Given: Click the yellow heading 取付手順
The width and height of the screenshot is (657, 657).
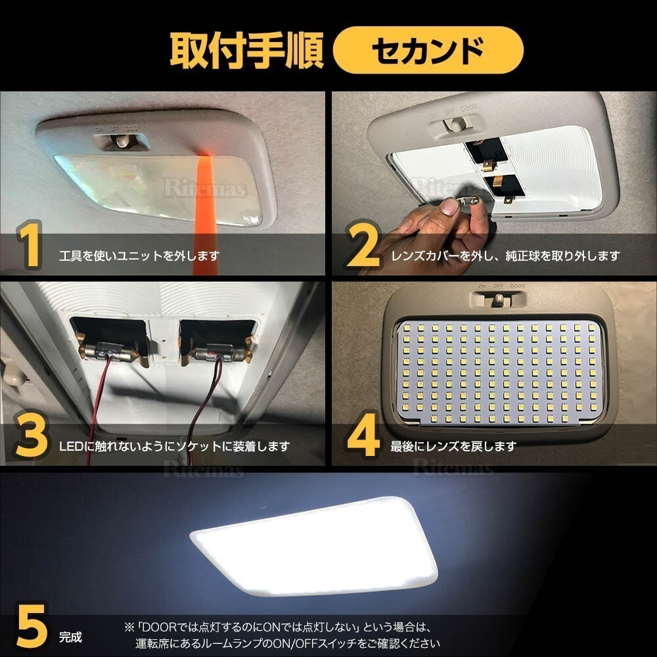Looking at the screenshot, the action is [246, 51].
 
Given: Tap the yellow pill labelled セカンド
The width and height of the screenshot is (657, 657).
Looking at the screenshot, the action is [428, 51].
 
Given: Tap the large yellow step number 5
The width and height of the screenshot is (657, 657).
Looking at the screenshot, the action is [32, 626].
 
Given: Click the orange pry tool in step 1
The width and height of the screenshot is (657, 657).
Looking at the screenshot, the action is [205, 214].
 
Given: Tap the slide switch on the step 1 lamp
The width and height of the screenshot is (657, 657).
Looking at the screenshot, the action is [122, 141].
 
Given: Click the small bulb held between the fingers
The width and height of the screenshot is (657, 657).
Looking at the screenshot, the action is [468, 203].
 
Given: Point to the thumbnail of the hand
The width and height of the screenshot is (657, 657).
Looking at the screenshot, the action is [449, 206].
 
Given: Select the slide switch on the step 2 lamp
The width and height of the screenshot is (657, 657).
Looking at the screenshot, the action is [457, 124].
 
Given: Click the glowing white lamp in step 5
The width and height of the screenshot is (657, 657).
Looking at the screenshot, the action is [314, 547].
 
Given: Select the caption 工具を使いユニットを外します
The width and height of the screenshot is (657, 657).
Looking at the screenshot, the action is [139, 256].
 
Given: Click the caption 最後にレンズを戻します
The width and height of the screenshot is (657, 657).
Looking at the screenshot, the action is [453, 447].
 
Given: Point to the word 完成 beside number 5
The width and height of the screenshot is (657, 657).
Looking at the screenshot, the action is [70, 637].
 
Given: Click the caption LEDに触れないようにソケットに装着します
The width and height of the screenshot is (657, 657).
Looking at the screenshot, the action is [174, 447].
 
